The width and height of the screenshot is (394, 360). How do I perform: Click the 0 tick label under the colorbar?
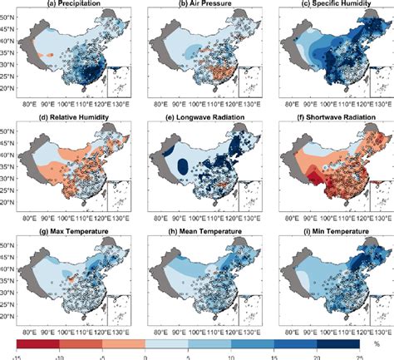tap(145, 353)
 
